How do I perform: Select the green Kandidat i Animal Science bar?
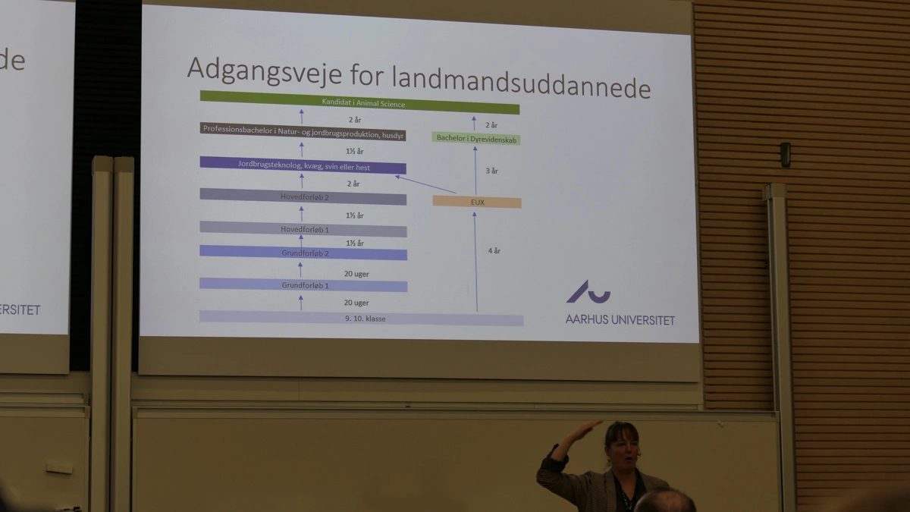[359, 102]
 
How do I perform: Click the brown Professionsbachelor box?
[303, 129]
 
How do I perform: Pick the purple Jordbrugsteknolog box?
[303, 166]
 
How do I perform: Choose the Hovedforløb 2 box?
[303, 196]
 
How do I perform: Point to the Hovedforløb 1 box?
[303, 228]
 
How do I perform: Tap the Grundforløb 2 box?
[303, 253]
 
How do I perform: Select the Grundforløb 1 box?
[303, 285]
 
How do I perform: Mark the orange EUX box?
[477, 202]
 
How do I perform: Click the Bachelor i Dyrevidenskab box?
[477, 138]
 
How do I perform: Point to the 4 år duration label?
[493, 250]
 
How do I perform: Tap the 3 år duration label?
[492, 171]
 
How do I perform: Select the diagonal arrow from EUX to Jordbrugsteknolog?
[425, 184]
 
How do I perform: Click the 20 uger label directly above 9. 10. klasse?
[356, 303]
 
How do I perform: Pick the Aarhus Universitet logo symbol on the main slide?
[588, 292]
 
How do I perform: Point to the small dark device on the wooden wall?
[785, 154]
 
